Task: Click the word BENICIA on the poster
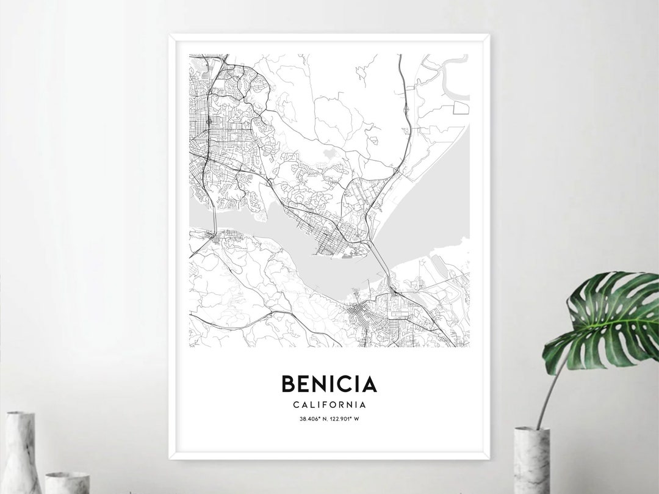[x=329, y=384]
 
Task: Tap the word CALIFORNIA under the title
[x=329, y=404]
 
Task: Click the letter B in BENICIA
[x=287, y=384]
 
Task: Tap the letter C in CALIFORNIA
[x=296, y=404]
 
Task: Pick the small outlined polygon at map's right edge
[x=461, y=108]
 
